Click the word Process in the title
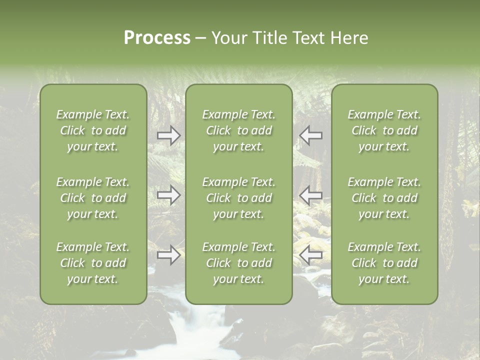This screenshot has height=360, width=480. [157, 38]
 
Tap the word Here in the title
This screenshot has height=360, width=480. [349, 38]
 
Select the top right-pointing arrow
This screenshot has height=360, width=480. [169, 135]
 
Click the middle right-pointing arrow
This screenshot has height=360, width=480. [169, 195]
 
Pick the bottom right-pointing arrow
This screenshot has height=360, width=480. [169, 255]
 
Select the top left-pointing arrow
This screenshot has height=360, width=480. [310, 135]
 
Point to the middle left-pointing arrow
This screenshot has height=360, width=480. [310, 195]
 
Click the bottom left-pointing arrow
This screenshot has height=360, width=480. [310, 255]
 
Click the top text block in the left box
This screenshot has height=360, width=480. [93, 130]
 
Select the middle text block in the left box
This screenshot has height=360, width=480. [93, 198]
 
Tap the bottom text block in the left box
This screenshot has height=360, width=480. [93, 263]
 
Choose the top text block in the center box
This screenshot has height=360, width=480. [238, 130]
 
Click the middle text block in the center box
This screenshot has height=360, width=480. [238, 198]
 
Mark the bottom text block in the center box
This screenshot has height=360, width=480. [238, 263]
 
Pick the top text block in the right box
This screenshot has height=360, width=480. [384, 130]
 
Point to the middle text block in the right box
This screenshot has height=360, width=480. [384, 198]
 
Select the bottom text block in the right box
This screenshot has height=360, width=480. [384, 263]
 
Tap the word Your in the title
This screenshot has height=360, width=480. [228, 38]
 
